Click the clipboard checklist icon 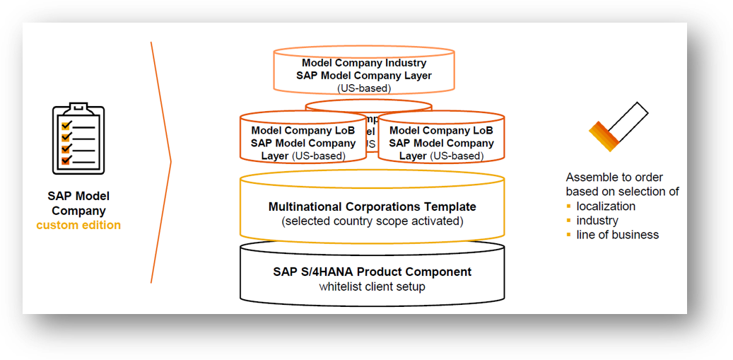[78, 139]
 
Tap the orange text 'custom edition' [78, 225]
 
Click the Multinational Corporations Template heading [373, 207]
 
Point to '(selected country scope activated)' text [373, 221]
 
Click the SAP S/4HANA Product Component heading [373, 272]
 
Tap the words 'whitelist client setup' [373, 286]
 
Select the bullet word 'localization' [606, 206]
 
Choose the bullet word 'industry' [597, 220]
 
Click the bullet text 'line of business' [617, 234]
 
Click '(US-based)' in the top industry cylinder [364, 88]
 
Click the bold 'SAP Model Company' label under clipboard [78, 203]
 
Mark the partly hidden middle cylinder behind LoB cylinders [368, 106]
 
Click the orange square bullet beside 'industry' [569, 221]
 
